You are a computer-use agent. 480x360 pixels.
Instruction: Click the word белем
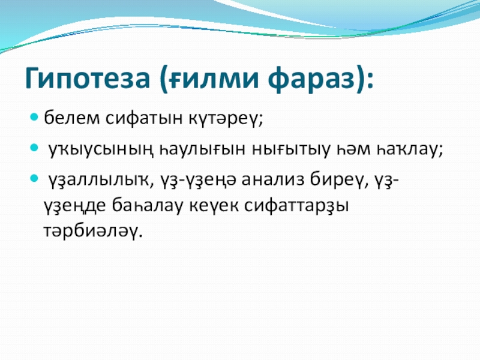pyautogui.click(x=72, y=118)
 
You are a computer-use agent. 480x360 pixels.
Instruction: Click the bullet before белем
pyautogui.click(x=35, y=117)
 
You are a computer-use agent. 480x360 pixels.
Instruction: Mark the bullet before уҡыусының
pyautogui.click(x=35, y=148)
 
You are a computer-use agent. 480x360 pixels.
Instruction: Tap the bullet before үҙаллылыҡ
pyautogui.click(x=35, y=178)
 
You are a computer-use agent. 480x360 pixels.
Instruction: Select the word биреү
pyautogui.click(x=337, y=179)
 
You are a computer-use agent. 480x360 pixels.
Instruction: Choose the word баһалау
pyautogui.click(x=147, y=205)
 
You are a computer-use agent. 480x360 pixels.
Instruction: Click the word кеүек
pyautogui.click(x=214, y=206)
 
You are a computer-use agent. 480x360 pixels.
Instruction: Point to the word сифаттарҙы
pyautogui.click(x=296, y=206)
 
